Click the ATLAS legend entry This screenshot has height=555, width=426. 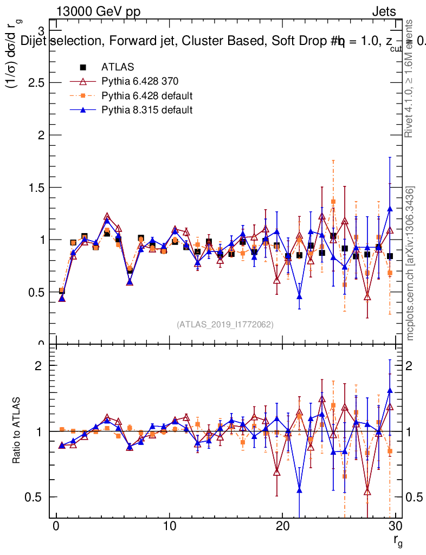118,67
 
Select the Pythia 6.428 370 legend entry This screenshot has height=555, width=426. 132,82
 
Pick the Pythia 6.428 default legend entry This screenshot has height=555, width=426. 139,96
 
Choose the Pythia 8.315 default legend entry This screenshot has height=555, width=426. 139,110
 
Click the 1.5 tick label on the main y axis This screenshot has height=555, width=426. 36,187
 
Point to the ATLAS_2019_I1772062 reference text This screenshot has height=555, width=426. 225,325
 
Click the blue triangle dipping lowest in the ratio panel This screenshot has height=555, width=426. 299,491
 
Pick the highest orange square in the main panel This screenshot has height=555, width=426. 333,202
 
